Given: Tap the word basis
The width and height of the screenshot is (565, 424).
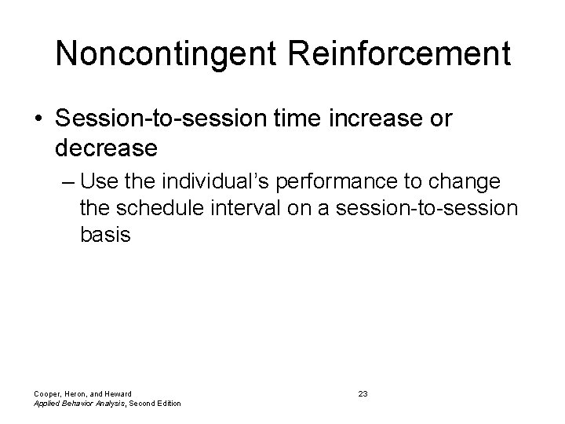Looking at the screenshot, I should (105, 235).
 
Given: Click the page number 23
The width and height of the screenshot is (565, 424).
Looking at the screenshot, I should (363, 393).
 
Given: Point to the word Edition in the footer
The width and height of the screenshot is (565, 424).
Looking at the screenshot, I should (166, 404).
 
